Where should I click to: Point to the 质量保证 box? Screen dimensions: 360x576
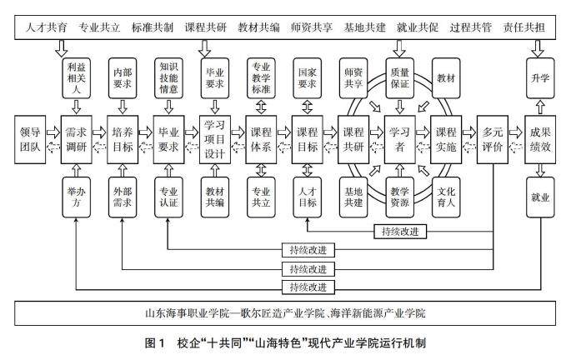[x=400, y=77]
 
